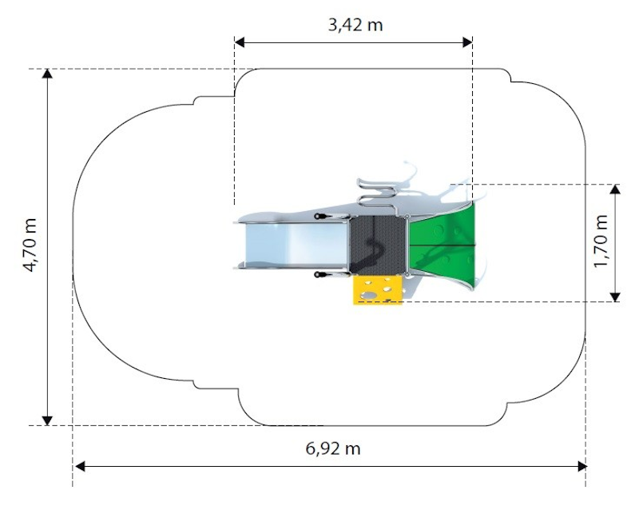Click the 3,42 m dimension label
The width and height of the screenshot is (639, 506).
pyautogui.click(x=355, y=25)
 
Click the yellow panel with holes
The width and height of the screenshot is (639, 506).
pyautogui.click(x=378, y=290)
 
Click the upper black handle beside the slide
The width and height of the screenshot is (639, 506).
pyautogui.click(x=320, y=216)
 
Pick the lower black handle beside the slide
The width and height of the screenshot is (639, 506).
pyautogui.click(x=320, y=275)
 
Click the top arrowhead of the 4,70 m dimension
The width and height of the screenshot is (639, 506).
pyautogui.click(x=48, y=74)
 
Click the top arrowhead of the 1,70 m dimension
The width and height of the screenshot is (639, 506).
pyautogui.click(x=615, y=189)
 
